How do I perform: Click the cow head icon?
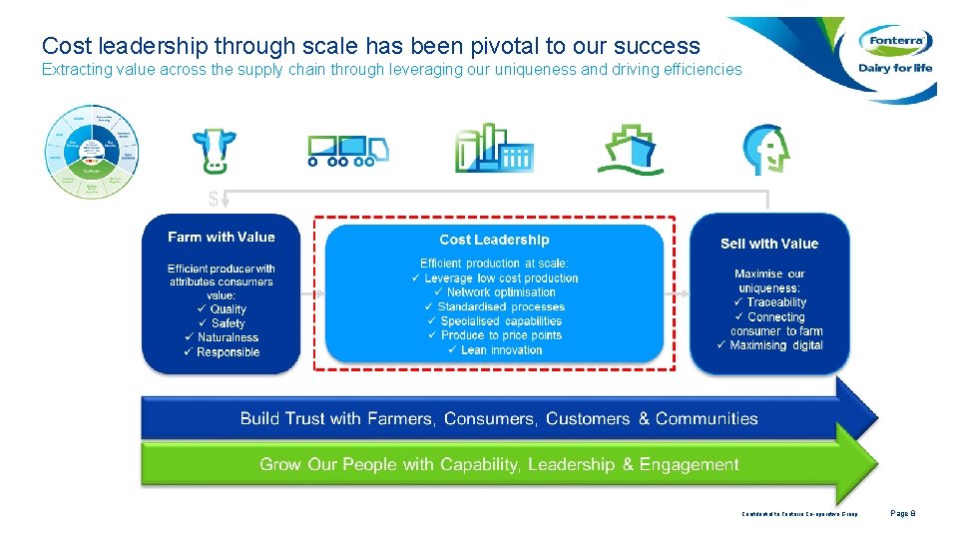pyautogui.click(x=214, y=150)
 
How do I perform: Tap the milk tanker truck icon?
pyautogui.click(x=346, y=149)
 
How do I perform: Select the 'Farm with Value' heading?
pyautogui.click(x=221, y=237)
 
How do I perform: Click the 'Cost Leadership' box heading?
pyautogui.click(x=494, y=240)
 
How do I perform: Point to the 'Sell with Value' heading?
pyautogui.click(x=768, y=244)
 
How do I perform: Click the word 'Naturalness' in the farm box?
pyautogui.click(x=229, y=337)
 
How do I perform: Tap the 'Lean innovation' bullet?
pyautogui.click(x=501, y=350)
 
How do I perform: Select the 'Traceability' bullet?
pyautogui.click(x=775, y=302)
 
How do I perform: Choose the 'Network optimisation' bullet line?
pyautogui.click(x=501, y=292)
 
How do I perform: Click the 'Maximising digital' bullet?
pyautogui.click(x=776, y=345)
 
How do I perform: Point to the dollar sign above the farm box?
pyautogui.click(x=213, y=200)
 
